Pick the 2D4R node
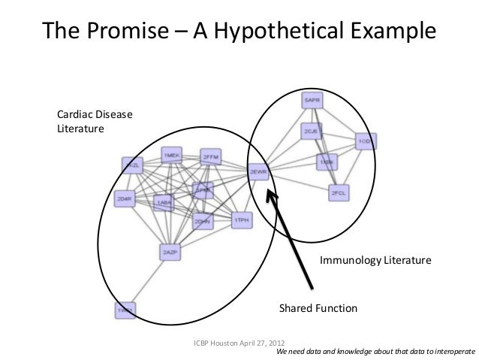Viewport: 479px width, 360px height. pyautogui.click(x=125, y=199)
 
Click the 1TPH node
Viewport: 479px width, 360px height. pyautogui.click(x=242, y=220)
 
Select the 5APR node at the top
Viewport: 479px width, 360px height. pyautogui.click(x=313, y=99)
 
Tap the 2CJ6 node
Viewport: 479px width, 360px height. pyautogui.click(x=311, y=132)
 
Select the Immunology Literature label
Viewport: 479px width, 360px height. pyautogui.click(x=375, y=262)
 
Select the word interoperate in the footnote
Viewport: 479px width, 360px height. pyautogui.click(x=448, y=351)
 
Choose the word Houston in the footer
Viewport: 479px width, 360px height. pyautogui.click(x=223, y=342)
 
